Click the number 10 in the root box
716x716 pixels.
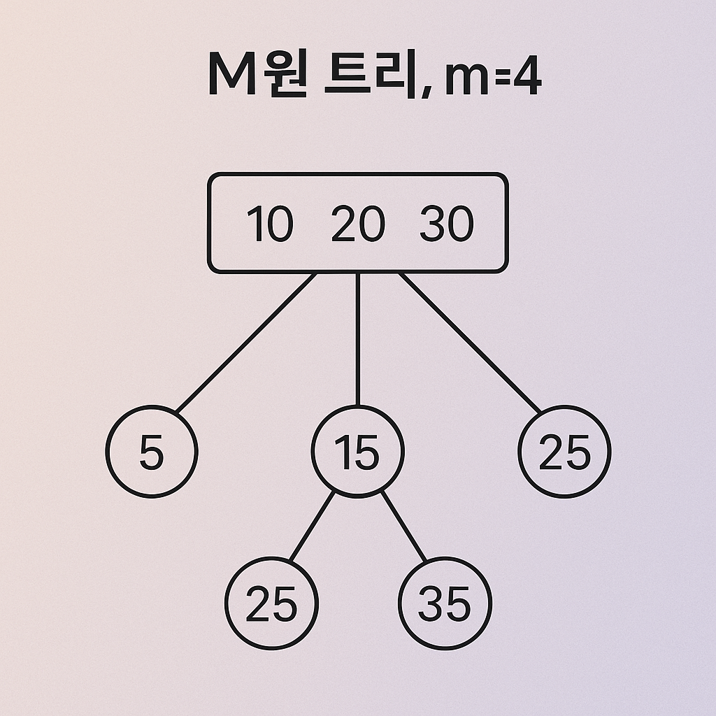(270, 225)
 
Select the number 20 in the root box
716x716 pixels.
(358, 225)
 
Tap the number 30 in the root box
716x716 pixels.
(447, 225)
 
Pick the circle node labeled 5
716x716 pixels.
(152, 452)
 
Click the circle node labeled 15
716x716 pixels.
(357, 452)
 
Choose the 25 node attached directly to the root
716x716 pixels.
(564, 452)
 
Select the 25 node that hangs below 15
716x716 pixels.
(271, 603)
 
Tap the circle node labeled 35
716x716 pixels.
(445, 603)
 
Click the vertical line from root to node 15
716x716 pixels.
(357, 339)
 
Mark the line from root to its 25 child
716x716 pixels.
(470, 343)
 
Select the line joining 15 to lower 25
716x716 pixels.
(312, 527)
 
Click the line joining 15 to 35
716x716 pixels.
(403, 527)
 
